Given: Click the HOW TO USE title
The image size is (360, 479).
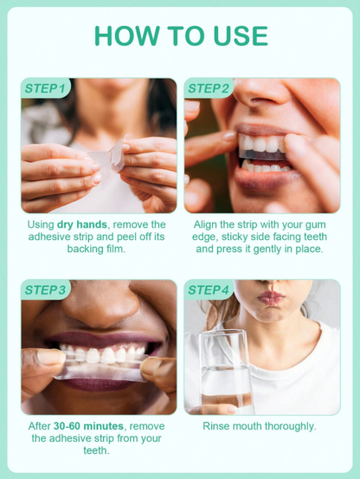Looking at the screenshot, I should (180, 36).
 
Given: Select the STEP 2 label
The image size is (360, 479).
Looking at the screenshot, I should (209, 88).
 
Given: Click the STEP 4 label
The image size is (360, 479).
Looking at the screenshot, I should (209, 289).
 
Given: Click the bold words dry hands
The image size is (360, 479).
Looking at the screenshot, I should (80, 223).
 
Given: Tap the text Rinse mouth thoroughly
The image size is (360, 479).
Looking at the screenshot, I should (260, 426).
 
